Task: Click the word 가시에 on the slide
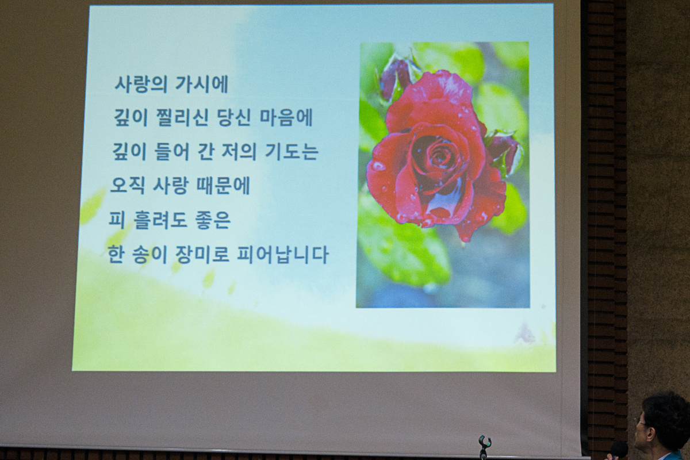(202, 84)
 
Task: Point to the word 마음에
(286, 118)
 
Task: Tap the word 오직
(127, 186)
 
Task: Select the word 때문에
(223, 186)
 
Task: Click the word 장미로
(201, 255)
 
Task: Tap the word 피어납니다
(282, 255)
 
